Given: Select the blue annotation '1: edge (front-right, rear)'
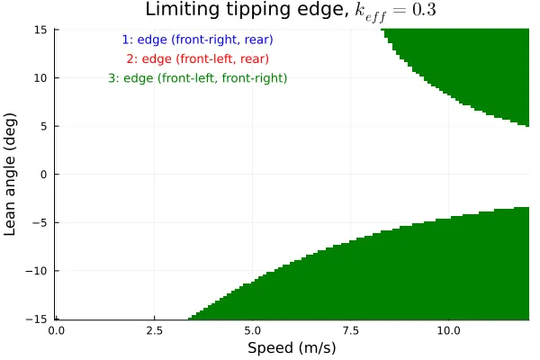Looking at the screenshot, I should pos(197,40).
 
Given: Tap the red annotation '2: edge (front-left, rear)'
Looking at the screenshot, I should pos(197,59).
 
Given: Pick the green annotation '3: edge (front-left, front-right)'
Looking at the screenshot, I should pos(197,78).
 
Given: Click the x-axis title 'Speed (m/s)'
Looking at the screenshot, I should pos(291,347).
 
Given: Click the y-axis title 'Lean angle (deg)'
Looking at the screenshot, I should pos(12,174).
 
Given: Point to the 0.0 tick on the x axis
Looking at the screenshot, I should pos(56,330).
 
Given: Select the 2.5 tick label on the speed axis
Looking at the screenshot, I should pos(154,330).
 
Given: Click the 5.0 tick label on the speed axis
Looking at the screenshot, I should pos(253,330).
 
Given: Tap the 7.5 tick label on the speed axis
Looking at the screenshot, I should pos(351,330).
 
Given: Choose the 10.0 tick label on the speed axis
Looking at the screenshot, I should pos(449,330).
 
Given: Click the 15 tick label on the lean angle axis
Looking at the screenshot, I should pos(40,30).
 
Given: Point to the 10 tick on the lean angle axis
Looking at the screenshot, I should pos(40,78).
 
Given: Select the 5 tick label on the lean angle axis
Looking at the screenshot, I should pos(43,126).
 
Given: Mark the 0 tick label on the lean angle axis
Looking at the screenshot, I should pos(43,175).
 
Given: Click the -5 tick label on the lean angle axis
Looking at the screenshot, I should pos(40,222).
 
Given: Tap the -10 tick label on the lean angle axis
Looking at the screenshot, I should pos(38,271).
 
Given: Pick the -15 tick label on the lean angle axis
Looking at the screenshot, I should pos(38,319).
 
